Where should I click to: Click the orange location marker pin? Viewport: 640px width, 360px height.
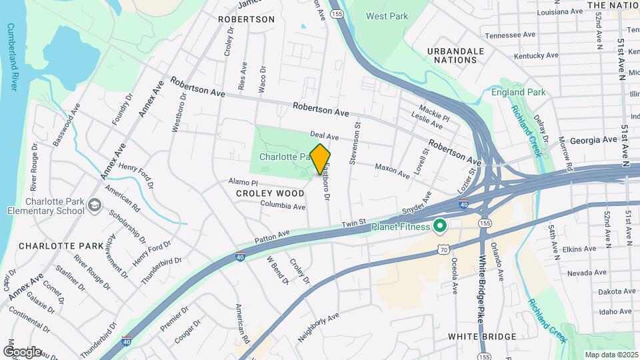tap(320, 159)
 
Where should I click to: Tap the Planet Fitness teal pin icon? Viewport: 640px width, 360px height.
tap(439, 227)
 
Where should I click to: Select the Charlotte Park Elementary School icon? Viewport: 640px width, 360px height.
tap(94, 205)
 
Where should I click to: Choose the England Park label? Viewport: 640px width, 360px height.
tap(518, 93)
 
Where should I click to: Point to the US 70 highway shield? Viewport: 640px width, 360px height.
tap(443, 248)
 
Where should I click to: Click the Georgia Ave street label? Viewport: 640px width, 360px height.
tap(593, 140)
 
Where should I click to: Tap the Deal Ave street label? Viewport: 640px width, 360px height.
tap(324, 137)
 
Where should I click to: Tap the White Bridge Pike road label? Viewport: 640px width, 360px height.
tap(480, 291)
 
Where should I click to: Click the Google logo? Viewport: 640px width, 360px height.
tap(21, 351)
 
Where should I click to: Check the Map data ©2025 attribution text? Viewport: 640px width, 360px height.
tap(610, 355)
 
